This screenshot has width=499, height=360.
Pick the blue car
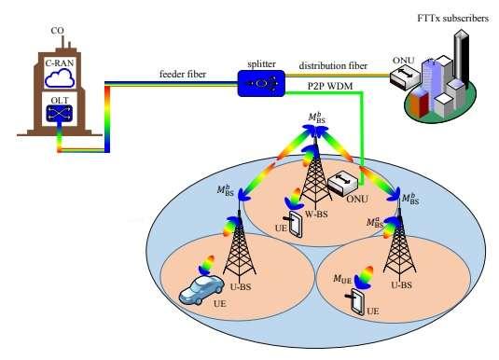point(203,289)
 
